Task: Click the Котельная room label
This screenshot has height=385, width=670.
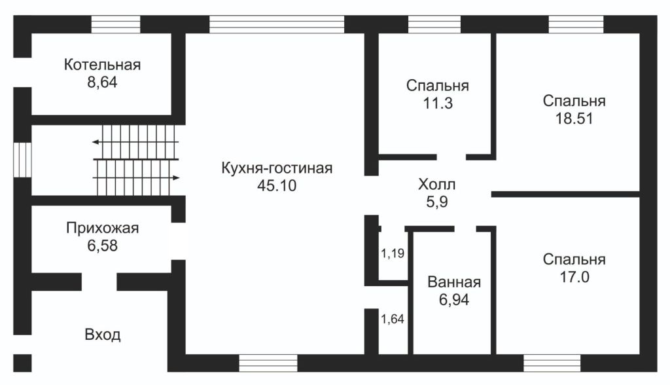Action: [x=103, y=65]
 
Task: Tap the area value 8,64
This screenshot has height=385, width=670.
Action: [x=103, y=82]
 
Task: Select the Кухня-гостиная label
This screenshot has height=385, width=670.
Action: [x=277, y=168]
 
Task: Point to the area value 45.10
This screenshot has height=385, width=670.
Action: [x=277, y=185]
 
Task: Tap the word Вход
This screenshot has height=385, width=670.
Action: [x=103, y=335]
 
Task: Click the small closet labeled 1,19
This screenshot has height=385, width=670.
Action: [x=393, y=253]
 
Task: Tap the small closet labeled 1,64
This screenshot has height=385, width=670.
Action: [x=393, y=320]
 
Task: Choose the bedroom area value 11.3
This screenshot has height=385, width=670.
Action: [x=437, y=103]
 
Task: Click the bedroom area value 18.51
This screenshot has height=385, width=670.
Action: [x=574, y=119]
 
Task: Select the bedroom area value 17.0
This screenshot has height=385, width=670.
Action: [x=574, y=277]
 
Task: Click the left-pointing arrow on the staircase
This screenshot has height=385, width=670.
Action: [x=96, y=141]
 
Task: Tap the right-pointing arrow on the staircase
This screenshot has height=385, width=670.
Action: [x=177, y=177]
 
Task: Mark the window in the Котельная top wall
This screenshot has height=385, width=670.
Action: [x=116, y=24]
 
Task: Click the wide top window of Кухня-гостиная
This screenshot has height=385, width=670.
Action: [x=276, y=24]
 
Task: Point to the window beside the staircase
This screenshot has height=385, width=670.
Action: [x=22, y=159]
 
